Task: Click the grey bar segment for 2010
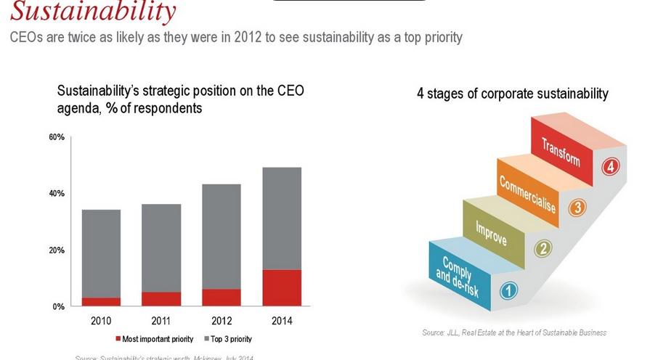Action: pos(102,253)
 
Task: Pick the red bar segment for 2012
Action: pos(221,298)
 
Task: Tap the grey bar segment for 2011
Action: pos(161,248)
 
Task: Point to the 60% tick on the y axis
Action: pos(57,137)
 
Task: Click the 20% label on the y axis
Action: pos(57,250)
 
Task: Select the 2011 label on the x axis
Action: pos(161,320)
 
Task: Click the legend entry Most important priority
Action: pos(155,339)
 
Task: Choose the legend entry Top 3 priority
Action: pos(231,339)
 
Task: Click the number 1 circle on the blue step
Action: pos(510,290)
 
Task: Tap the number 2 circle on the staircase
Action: pos(543,249)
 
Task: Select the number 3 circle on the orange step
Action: pos(577,208)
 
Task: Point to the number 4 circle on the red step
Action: pos(610,167)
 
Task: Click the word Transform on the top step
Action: pos(561,150)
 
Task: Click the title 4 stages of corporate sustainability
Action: pos(513,94)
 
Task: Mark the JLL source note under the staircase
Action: pos(514,332)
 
